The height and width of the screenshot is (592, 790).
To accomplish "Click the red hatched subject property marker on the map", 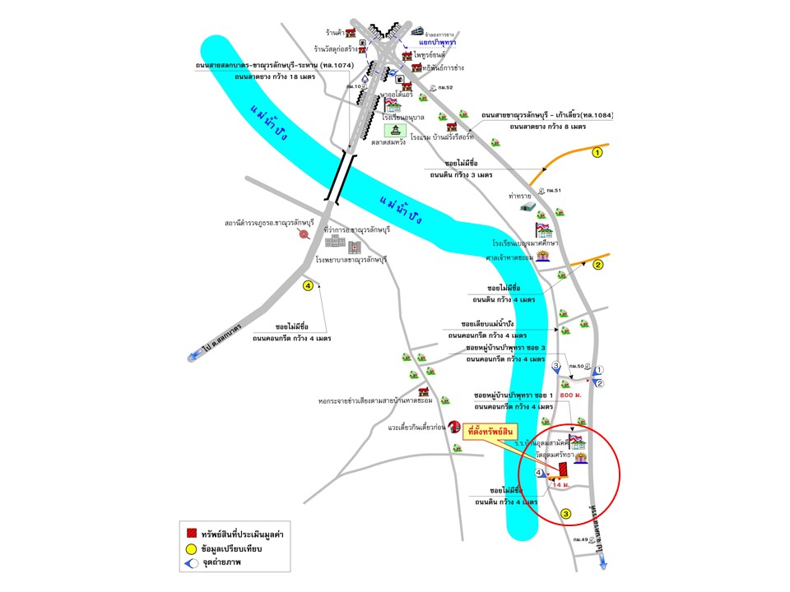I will [x=563, y=469].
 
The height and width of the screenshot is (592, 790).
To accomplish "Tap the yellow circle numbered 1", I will [x=598, y=152].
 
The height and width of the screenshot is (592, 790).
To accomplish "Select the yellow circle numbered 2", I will [x=598, y=265].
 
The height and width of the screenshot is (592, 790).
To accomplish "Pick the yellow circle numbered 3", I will [x=565, y=515].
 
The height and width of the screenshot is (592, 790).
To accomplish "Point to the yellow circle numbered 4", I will [x=308, y=286].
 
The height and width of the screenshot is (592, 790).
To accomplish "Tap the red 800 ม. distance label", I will [x=571, y=395].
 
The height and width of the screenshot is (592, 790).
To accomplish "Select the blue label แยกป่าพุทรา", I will [x=437, y=41].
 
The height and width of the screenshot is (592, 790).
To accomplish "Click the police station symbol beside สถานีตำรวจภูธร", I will [x=304, y=234].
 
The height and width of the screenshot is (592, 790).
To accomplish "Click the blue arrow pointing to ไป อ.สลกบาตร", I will [x=195, y=356].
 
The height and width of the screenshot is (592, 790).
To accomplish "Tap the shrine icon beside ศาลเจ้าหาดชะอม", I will [x=544, y=256].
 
